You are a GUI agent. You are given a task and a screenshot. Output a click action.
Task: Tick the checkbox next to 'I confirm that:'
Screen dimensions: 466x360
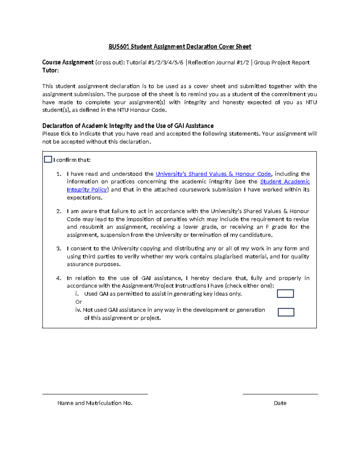coord(48,159)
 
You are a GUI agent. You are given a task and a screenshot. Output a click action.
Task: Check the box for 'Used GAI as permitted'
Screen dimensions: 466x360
coord(285,293)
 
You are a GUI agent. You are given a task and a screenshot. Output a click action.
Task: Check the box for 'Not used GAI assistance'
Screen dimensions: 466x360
coord(286,312)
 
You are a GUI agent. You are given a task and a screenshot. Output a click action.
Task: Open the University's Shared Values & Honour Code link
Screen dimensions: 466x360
coord(213,174)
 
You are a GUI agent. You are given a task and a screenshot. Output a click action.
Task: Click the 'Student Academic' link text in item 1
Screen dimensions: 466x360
coord(285,182)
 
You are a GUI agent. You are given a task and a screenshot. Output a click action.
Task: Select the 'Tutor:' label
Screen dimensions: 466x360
coord(50,70)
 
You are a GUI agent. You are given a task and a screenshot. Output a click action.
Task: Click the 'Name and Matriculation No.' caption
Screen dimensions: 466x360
coord(95,403)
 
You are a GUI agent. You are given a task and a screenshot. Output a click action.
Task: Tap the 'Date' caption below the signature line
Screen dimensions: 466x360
coord(280,403)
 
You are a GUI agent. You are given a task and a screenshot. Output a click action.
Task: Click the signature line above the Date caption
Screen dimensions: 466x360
coord(280,394)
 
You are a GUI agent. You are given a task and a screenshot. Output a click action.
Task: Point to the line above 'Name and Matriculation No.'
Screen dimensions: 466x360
coord(95,394)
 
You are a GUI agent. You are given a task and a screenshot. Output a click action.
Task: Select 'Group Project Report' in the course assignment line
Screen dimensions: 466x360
coord(281,62)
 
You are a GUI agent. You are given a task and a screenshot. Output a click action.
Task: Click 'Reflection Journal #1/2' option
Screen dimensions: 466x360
coord(218,62)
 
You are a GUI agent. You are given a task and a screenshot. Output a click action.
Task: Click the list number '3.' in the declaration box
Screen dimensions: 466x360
coord(59,248)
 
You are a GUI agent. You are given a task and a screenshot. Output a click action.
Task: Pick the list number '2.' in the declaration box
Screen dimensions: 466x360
coord(59,211)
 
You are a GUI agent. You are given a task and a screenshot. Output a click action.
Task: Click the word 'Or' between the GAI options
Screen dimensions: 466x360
coord(79,302)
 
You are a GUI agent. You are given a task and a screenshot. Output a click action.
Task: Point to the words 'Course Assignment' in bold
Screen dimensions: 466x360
coord(68,62)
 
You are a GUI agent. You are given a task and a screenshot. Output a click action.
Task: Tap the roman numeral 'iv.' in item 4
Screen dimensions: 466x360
coord(78,310)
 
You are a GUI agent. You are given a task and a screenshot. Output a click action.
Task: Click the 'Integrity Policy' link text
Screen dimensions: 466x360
coord(87,190)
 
